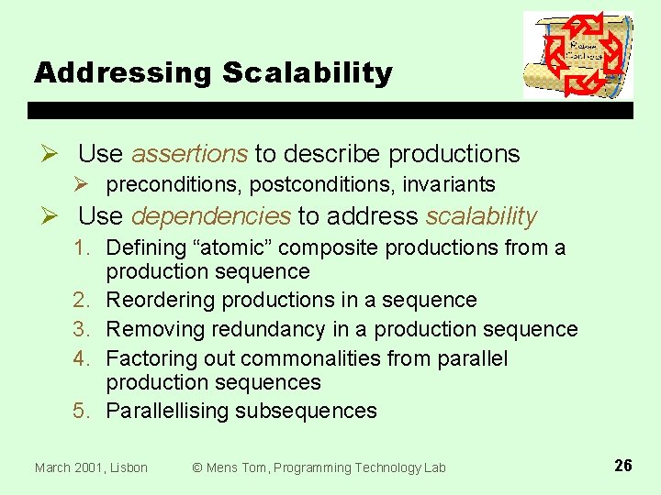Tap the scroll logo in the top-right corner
577,55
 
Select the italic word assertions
189,154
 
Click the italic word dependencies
211,216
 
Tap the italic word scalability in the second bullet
481,216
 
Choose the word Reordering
162,301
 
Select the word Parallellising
167,411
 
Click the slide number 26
622,466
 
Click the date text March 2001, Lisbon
91,467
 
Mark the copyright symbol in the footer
196,467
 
